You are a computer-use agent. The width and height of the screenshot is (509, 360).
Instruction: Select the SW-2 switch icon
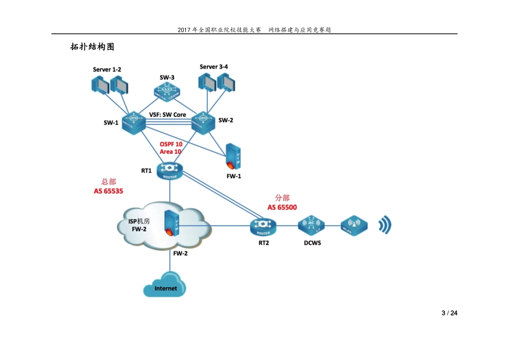pos(203,122)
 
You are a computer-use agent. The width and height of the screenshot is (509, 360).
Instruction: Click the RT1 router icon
pos(170,170)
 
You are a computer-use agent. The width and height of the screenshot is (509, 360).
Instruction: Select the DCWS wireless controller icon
pos(311,226)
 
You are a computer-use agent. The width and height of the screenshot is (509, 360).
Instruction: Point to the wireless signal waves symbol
pos(385,226)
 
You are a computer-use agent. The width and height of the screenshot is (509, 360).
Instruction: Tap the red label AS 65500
pos(282,207)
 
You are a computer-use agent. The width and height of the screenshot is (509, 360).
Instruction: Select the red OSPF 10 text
pos(171,144)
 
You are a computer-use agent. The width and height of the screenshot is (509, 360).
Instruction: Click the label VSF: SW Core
pos(168,115)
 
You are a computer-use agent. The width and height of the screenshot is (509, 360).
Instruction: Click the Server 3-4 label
pos(214,66)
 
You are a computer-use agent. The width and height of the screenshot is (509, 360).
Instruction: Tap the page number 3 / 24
pos(449,313)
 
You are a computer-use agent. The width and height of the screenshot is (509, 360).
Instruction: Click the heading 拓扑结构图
pos(92,47)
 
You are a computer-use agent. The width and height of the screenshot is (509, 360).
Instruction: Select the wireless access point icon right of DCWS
pos(354,226)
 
